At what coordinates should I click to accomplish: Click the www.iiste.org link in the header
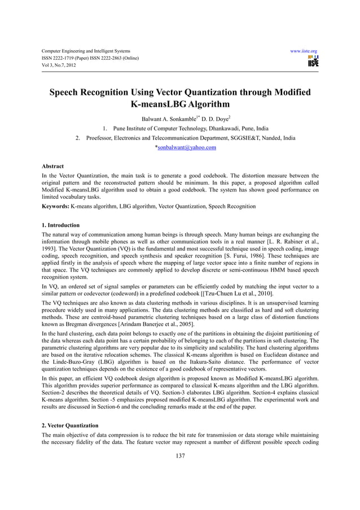pyautogui.click(x=304, y=50)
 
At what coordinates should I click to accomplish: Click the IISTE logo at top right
pyautogui.click(x=313, y=61)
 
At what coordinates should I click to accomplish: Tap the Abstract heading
pyautogui.click(x=52, y=167)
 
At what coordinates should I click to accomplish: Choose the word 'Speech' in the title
pyautogui.click(x=69, y=93)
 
